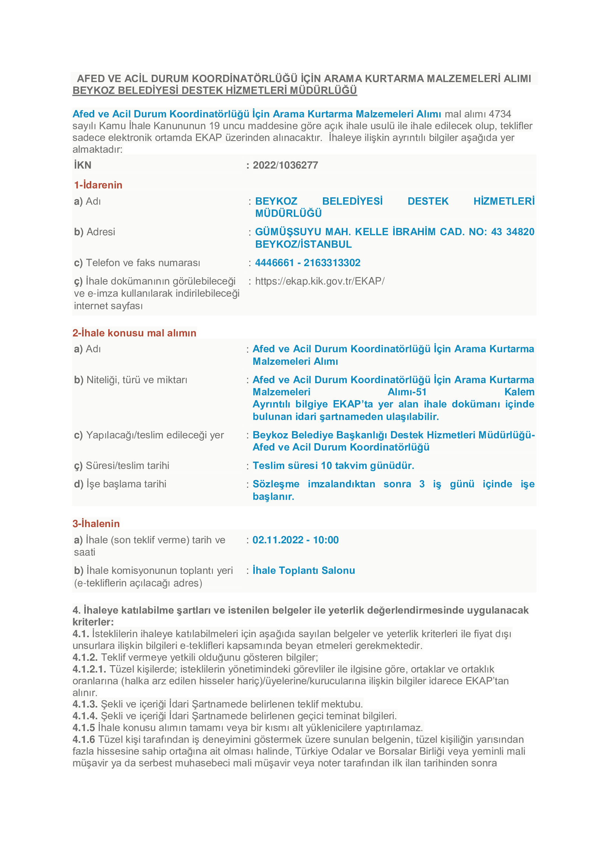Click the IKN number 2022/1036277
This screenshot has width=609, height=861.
click(285, 165)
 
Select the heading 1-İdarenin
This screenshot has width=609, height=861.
click(98, 185)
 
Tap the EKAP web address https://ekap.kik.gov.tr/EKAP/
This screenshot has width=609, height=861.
click(320, 281)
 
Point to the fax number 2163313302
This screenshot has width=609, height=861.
click(332, 263)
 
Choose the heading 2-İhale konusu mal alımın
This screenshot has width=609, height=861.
click(134, 333)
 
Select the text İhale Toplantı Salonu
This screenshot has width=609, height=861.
click(303, 570)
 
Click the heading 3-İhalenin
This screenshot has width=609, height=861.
click(96, 523)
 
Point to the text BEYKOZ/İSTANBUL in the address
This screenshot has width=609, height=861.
click(303, 244)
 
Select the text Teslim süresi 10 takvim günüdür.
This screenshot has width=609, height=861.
click(333, 466)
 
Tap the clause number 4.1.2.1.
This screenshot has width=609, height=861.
click(89, 669)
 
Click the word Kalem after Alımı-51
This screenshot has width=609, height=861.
click(519, 392)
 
